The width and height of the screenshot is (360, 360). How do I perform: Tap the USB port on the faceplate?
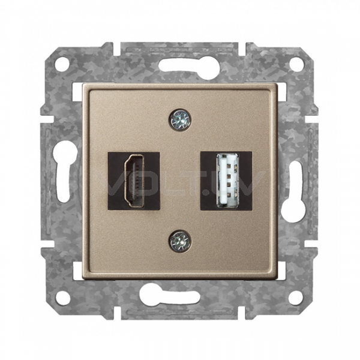coord(226,179)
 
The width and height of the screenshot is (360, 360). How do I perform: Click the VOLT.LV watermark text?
coord(179,179)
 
